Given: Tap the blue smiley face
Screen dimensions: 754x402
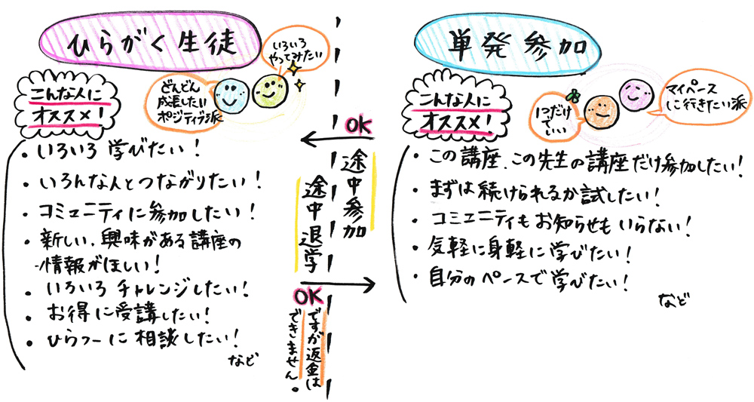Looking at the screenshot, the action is click(227, 94).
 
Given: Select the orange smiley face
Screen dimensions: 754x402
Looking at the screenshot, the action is click(601, 110).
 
